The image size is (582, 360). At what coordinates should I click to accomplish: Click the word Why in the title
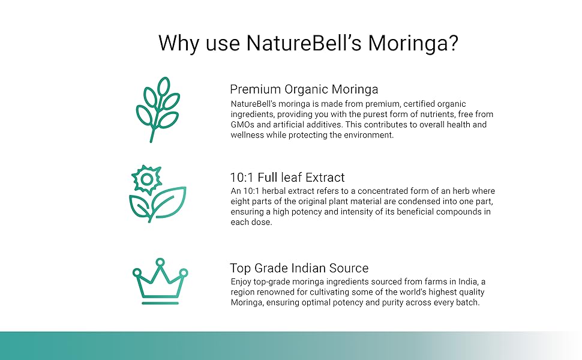(x=179, y=44)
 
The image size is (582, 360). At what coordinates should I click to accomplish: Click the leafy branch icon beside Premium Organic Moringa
(x=158, y=109)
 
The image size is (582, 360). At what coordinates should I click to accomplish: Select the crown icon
(x=160, y=281)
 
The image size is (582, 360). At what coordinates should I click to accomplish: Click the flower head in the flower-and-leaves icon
(x=147, y=179)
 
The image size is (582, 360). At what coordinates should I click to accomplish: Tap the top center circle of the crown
(x=160, y=263)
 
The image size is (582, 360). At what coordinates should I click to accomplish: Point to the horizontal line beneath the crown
(x=160, y=303)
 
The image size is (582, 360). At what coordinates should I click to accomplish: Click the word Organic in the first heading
(x=306, y=90)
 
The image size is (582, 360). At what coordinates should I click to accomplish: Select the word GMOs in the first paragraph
(x=242, y=125)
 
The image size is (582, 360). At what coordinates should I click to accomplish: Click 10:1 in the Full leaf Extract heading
(x=242, y=178)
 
